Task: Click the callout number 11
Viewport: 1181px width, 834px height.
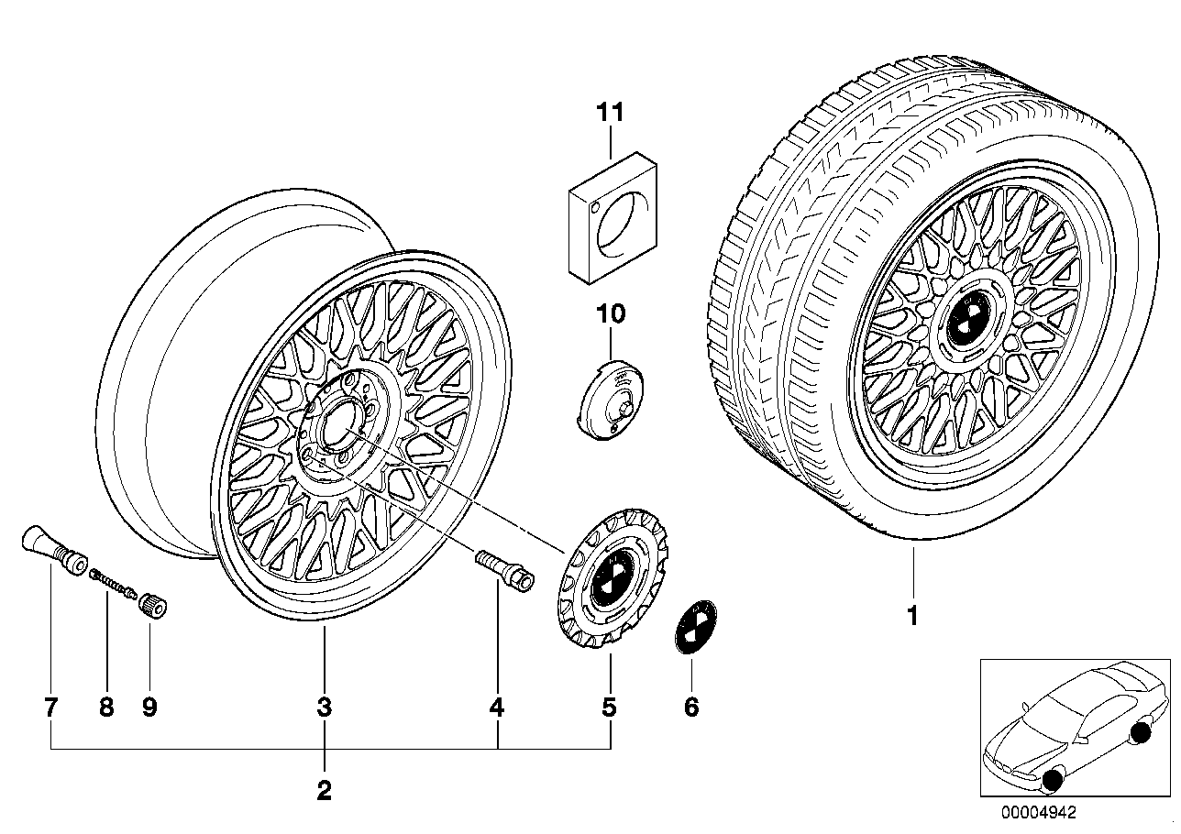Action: [610, 113]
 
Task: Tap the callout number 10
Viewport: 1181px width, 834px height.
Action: [611, 314]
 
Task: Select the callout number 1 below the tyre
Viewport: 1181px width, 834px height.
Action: [912, 616]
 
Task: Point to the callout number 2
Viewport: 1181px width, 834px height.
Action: [324, 790]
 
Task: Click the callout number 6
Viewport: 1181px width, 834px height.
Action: [691, 707]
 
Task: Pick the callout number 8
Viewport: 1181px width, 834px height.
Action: [106, 707]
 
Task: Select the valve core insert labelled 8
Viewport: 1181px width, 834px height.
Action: [114, 582]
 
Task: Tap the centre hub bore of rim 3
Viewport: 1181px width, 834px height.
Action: [337, 422]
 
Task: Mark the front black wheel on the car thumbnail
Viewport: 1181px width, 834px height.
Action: [1054, 780]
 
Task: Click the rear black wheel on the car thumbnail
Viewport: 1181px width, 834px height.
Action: [1142, 731]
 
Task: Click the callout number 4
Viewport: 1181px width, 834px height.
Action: [496, 707]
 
